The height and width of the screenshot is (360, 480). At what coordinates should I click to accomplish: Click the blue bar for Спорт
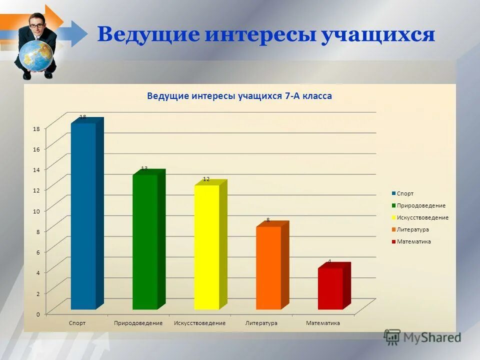pos(83,216)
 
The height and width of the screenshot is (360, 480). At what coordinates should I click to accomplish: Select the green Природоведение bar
pos(145,242)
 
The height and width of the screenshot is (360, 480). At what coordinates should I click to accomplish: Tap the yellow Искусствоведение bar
pos(206,247)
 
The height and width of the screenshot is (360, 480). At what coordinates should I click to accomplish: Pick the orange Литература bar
pos(268,268)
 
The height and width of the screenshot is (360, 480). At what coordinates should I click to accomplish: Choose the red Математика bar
pos(330,288)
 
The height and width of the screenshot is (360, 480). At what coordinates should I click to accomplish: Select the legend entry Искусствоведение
pos(422,217)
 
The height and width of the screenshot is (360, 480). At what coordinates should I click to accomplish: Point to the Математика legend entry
pos(413,241)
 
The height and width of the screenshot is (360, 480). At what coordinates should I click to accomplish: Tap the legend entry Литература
pos(412,229)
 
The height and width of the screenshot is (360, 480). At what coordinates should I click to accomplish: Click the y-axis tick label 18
pos(36,128)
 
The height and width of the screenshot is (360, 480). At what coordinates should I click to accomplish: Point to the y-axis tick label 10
pos(36,211)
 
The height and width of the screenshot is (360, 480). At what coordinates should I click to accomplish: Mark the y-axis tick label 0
pos(37,314)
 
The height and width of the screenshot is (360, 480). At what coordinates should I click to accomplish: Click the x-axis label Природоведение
pos(138,323)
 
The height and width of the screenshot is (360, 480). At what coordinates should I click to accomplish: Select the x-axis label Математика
pos(323,323)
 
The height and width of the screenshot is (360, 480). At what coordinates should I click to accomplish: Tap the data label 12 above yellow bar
pos(206,179)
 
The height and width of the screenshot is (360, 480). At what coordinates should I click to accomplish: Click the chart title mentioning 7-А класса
pos(239,96)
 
